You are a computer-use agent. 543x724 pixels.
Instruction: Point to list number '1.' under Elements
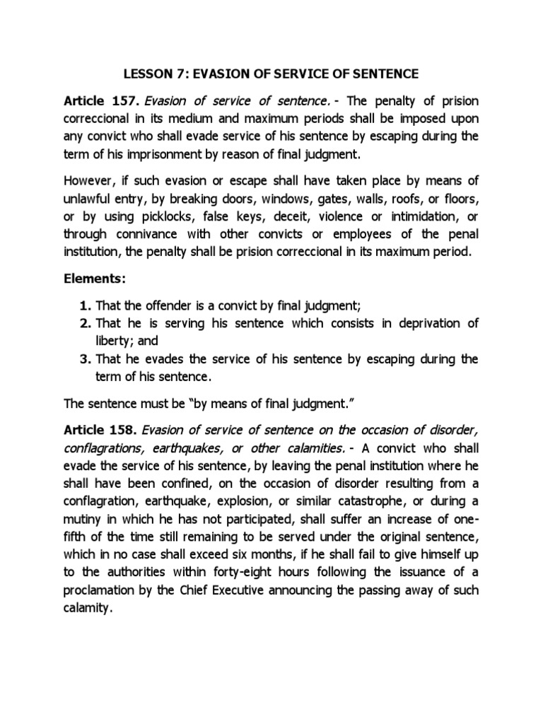coord(85,305)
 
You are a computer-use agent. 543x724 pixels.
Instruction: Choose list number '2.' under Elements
coord(85,323)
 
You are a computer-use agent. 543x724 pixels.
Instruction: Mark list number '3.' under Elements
coord(85,359)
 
